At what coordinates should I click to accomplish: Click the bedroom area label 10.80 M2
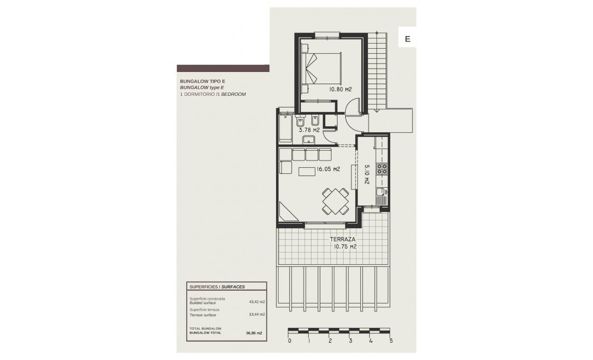[341, 89]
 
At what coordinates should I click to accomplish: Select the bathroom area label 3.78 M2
[309, 130]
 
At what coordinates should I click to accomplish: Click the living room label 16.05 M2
[327, 169]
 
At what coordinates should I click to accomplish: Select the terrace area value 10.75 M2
[345, 247]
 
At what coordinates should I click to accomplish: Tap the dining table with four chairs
[335, 201]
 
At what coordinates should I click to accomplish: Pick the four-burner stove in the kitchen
[382, 168]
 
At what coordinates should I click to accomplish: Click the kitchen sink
[381, 194]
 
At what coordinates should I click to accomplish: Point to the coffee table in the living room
[307, 172]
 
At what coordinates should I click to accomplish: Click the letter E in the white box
[407, 39]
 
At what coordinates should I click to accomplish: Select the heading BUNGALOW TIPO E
[198, 81]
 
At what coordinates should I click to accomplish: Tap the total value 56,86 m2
[254, 333]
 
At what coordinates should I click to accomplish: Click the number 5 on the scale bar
[391, 341]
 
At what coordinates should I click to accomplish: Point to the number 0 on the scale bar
[289, 341]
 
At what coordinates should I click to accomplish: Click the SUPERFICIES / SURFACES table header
[217, 287]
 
